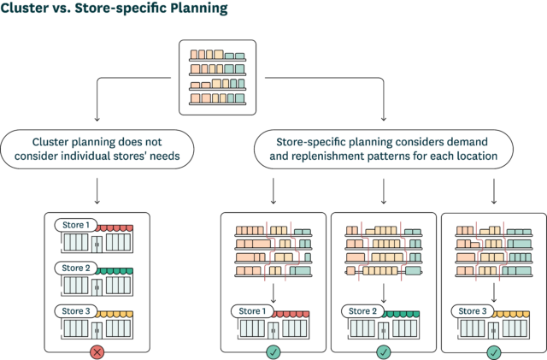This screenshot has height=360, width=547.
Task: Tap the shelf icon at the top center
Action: pyautogui.click(x=216, y=77)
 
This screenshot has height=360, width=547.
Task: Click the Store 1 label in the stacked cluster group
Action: pyautogui.click(x=76, y=225)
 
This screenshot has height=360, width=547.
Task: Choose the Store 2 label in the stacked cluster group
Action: pyautogui.click(x=76, y=268)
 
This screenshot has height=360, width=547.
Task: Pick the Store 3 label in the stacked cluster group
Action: pyautogui.click(x=76, y=310)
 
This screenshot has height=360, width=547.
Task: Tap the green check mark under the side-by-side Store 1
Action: pyautogui.click(x=273, y=351)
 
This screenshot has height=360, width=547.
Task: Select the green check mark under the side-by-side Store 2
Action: pyautogui.click(x=384, y=351)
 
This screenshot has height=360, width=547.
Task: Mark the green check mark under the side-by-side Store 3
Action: pyautogui.click(x=494, y=351)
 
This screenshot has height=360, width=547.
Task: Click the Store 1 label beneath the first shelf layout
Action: pyautogui.click(x=253, y=311)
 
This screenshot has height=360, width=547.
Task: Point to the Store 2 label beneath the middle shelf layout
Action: pyautogui.click(x=363, y=311)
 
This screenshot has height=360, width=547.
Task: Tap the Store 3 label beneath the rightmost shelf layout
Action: pyautogui.click(x=474, y=311)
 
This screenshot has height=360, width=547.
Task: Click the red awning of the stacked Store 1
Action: pyautogui.click(x=115, y=227)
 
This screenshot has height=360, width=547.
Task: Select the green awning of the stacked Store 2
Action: pyautogui.click(x=115, y=270)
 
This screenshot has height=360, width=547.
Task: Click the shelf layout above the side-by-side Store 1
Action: pyautogui.click(x=273, y=254)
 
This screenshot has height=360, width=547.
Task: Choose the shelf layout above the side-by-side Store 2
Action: pyautogui.click(x=384, y=254)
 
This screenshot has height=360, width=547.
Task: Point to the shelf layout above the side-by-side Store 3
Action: pyautogui.click(x=494, y=254)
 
